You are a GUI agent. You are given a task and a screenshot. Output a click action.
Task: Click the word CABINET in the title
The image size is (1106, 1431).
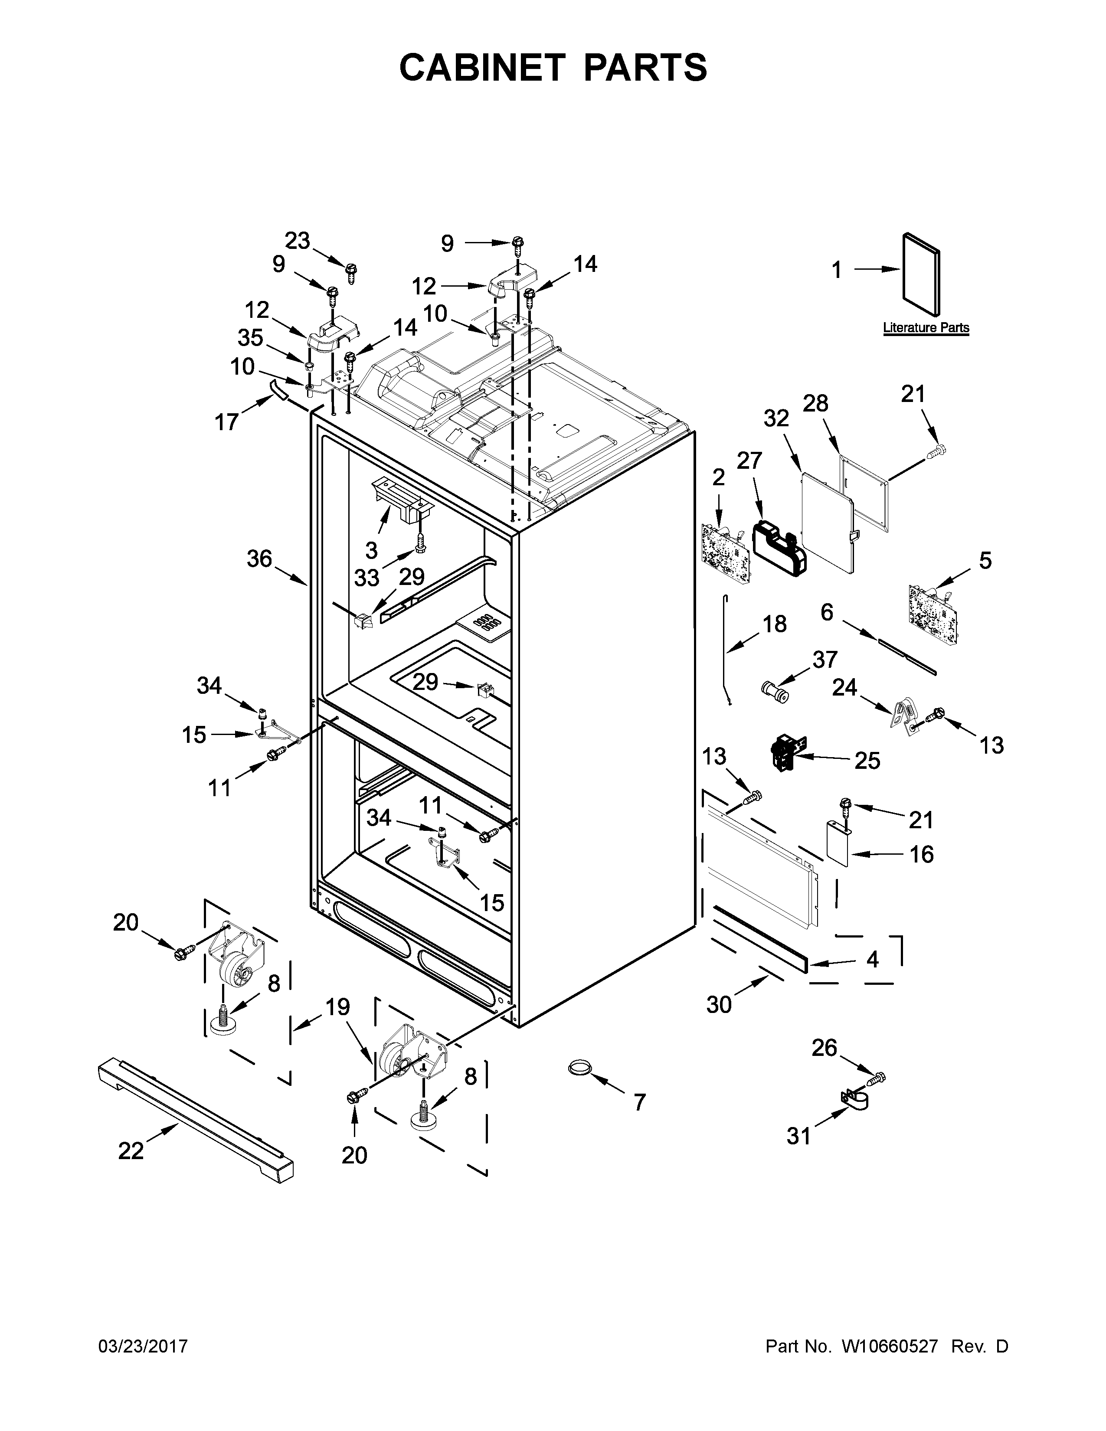click(482, 68)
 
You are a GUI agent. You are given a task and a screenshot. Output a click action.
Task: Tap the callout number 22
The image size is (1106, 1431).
click(131, 1150)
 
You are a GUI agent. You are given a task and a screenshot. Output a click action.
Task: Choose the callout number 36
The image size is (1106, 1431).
click(259, 559)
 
